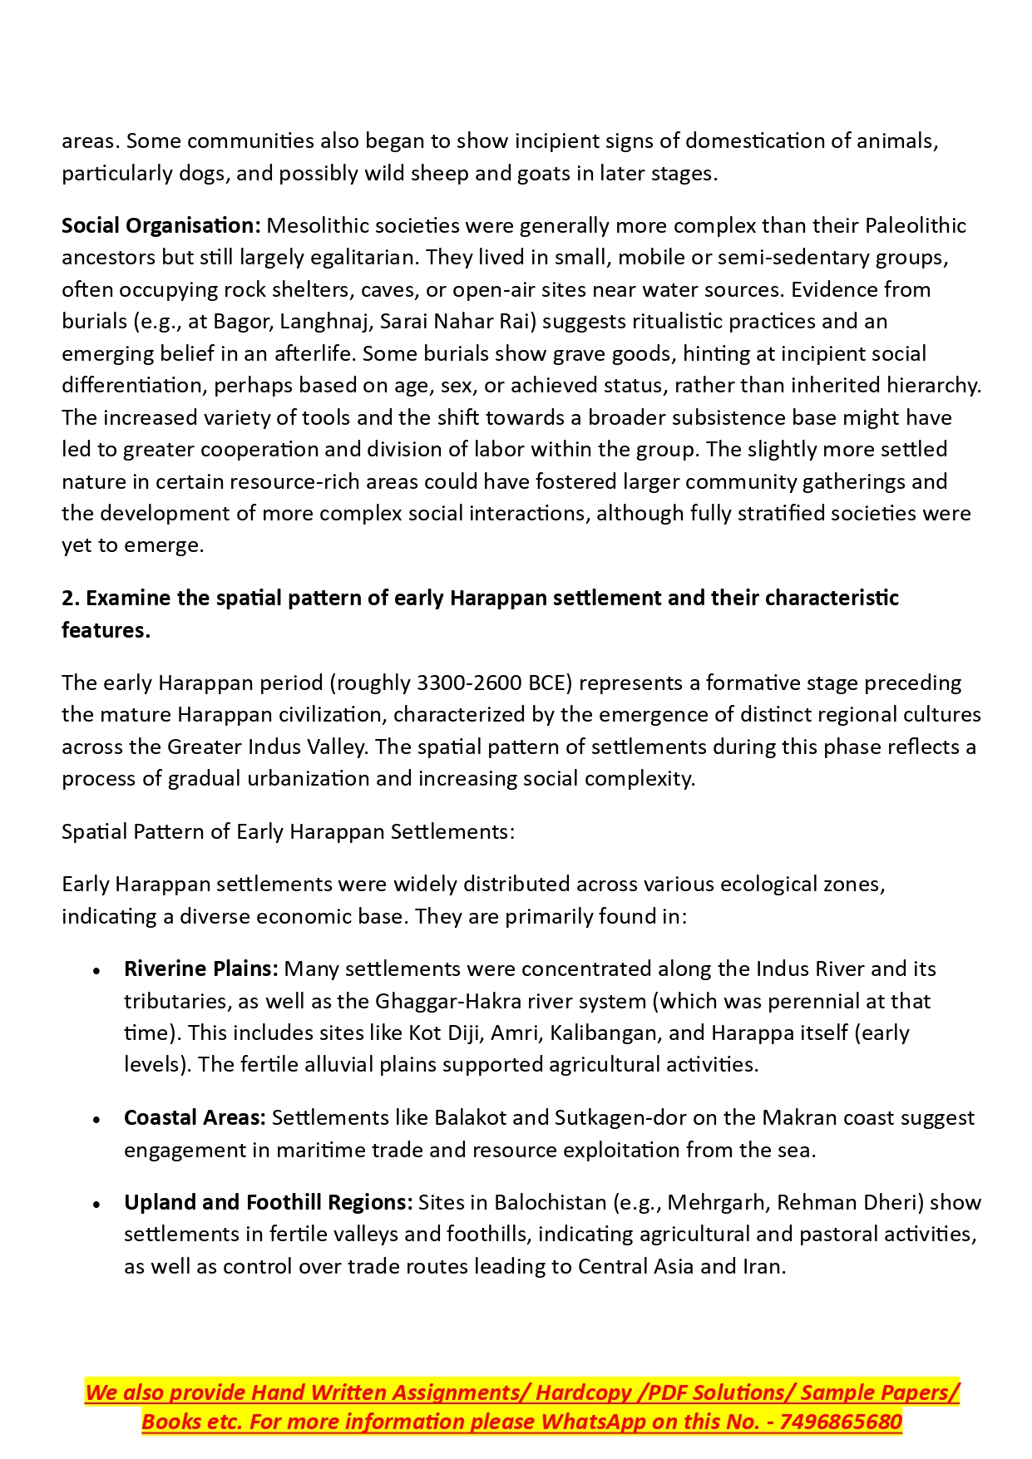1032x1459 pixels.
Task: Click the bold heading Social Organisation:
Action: tap(161, 226)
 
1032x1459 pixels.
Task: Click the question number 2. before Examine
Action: tap(71, 599)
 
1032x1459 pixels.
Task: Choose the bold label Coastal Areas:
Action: tap(195, 1118)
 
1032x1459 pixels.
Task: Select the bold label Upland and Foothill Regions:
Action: tap(268, 1203)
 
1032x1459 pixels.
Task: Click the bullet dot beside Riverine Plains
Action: tap(97, 971)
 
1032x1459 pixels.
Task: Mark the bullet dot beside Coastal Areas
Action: tap(97, 1120)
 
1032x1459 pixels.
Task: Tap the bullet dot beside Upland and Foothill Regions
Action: tap(97, 1205)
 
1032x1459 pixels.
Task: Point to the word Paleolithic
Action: tap(916, 226)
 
